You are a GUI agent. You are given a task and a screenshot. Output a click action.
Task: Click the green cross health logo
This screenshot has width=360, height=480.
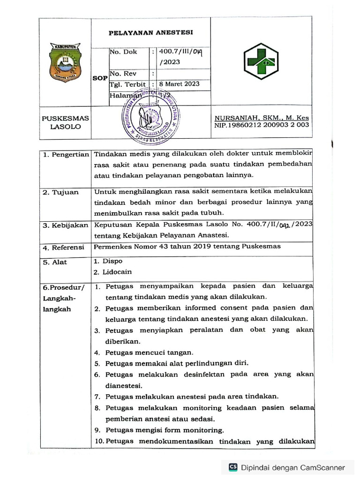pos(260,61)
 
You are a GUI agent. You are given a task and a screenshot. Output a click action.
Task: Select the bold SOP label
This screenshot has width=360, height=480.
pos(99,78)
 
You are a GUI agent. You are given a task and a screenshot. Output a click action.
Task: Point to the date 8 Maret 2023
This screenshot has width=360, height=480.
pos(180,84)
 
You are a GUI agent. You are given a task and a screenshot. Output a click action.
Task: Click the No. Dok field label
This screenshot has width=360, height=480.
pos(123,52)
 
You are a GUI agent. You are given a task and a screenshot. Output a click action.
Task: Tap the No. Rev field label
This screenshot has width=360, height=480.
pos(123,74)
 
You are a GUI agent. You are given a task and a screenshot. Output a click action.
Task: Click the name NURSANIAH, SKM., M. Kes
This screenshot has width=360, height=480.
pos(262,118)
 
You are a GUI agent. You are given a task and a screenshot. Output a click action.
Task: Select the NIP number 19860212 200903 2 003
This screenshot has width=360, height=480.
pos(262,125)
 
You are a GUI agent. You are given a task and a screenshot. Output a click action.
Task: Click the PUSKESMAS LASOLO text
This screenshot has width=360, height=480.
pos(65,122)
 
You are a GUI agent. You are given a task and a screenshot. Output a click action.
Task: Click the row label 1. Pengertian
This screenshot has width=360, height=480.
pos(65,155)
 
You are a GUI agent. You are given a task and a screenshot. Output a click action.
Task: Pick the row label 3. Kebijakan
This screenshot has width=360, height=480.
pos(65,225)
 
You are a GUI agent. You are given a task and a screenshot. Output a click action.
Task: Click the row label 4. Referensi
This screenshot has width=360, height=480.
pos(63,247)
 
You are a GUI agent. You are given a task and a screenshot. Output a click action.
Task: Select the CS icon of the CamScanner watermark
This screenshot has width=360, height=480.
pos(232,467)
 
